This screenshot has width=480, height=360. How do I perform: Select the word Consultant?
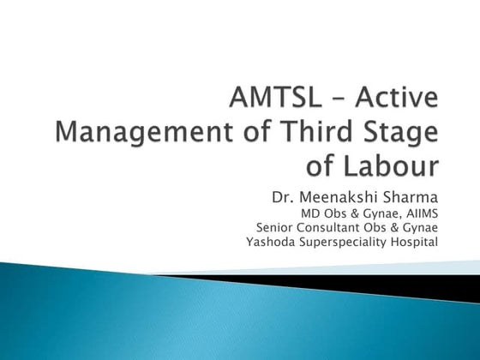(335, 227)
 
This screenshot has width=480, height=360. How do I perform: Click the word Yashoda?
(269, 242)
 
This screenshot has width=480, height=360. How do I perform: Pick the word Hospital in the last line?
(414, 242)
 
